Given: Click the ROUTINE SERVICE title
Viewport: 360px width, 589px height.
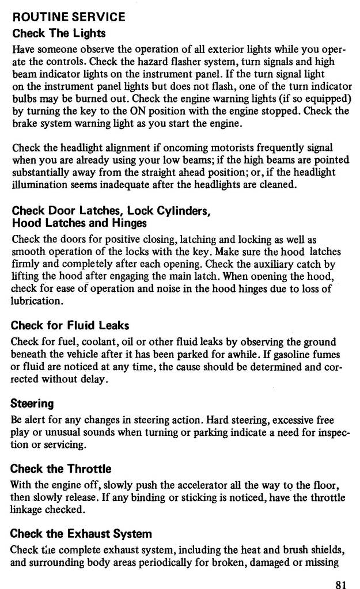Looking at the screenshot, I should [69, 17].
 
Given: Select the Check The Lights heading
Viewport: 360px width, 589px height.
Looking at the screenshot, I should [59, 33].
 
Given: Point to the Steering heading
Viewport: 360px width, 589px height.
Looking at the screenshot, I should [32, 403].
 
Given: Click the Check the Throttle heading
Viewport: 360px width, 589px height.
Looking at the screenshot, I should [61, 469].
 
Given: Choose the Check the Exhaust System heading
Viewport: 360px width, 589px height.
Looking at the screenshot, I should [81, 534].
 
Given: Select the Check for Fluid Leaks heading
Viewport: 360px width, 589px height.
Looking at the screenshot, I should [70, 325].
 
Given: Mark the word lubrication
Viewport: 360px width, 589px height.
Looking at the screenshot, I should [36, 301].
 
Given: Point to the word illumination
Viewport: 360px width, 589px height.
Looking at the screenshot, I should [40, 185].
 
